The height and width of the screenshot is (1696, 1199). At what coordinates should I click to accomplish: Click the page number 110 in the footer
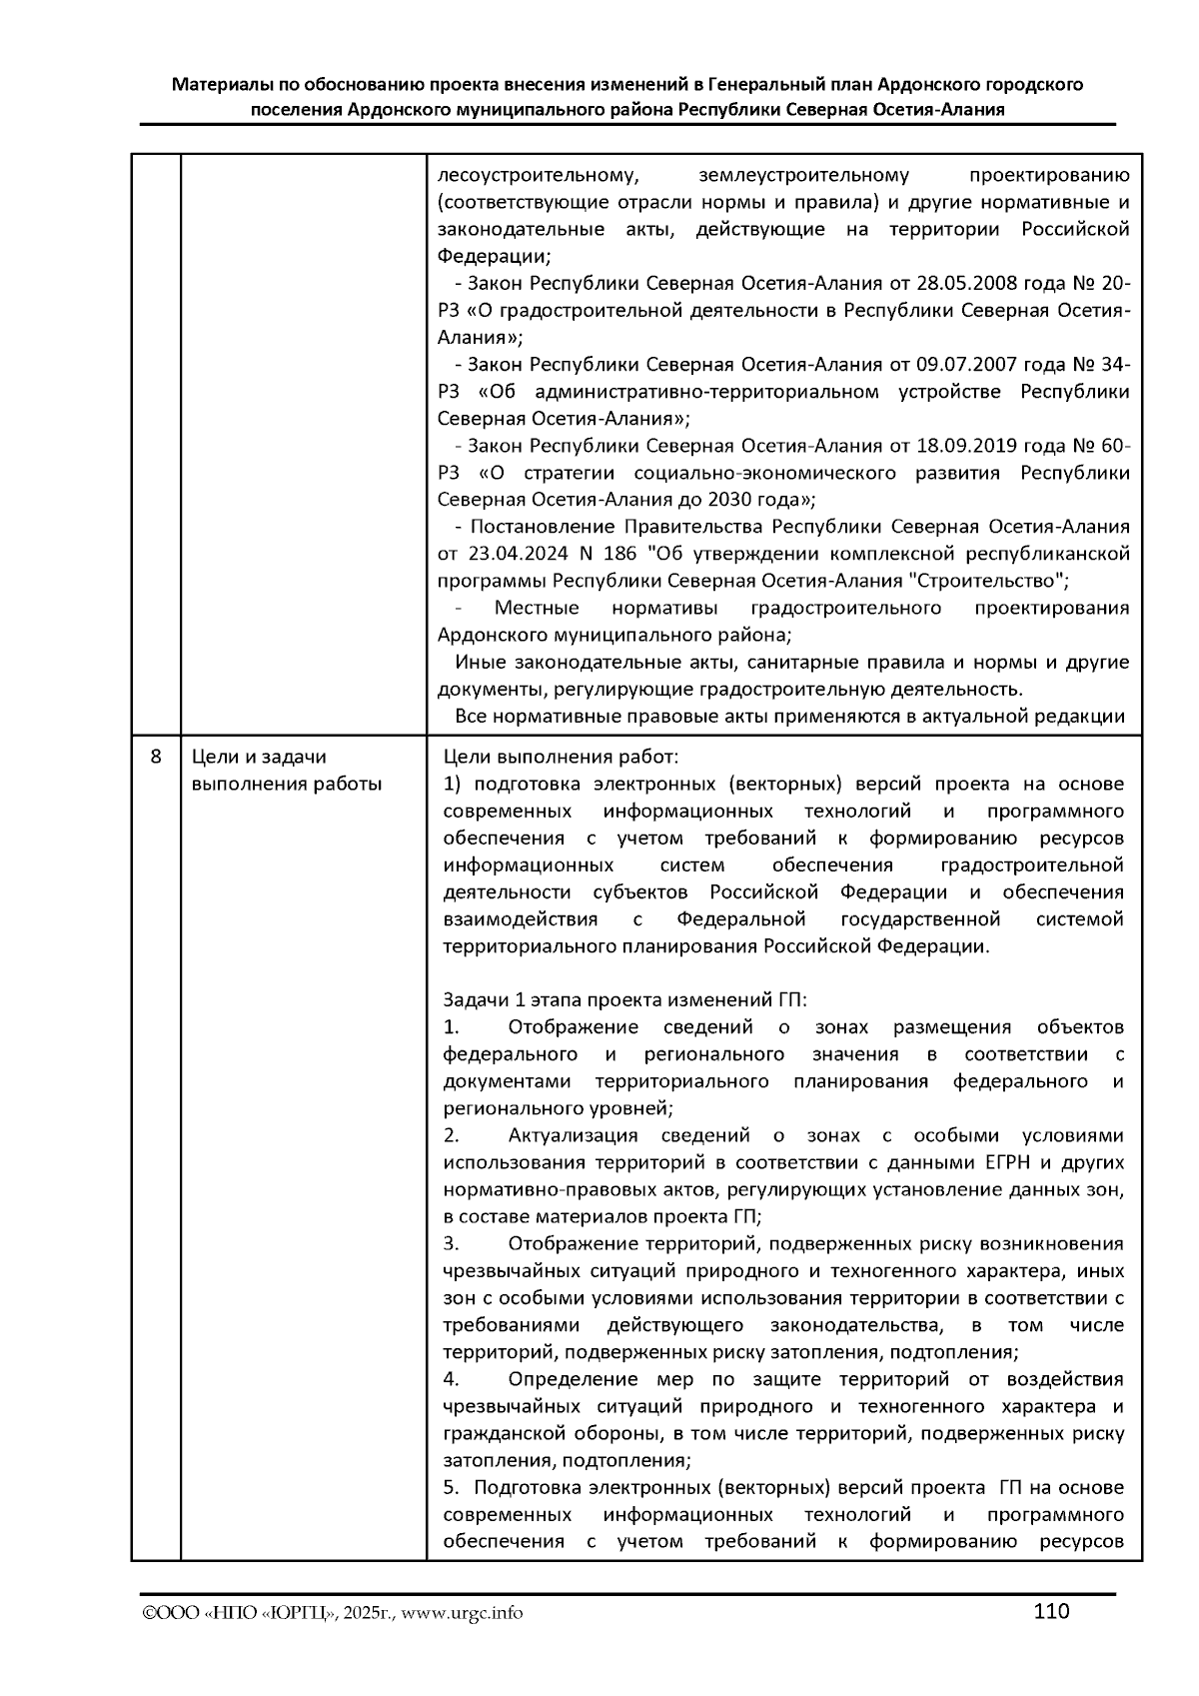coord(1051,1611)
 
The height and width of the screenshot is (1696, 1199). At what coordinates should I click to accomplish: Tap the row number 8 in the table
coord(156,757)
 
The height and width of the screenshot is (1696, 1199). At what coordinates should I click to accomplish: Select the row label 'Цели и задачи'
coord(258,758)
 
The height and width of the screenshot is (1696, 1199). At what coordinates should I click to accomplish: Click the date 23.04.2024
coord(517,554)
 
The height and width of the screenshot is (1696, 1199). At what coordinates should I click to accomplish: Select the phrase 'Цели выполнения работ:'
coord(561,757)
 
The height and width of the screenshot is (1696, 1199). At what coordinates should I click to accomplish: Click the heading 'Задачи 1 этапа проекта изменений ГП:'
coord(624,999)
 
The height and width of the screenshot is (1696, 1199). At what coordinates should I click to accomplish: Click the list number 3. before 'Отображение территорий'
coord(451,1243)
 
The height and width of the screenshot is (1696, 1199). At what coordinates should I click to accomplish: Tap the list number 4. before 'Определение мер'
coord(451,1379)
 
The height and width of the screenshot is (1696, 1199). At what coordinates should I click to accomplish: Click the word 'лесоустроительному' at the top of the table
coord(538,176)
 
